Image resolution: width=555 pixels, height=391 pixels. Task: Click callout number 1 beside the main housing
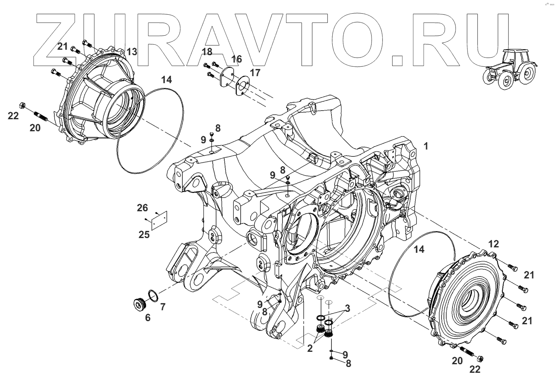[x=426, y=146]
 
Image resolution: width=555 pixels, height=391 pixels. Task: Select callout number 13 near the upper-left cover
[x=131, y=52]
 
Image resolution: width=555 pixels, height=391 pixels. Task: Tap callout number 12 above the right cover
[x=493, y=244]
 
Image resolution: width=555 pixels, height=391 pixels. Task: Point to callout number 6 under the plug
[x=148, y=318]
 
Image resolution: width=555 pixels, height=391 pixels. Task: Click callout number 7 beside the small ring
[x=163, y=307]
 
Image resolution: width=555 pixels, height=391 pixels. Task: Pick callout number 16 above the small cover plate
[x=236, y=59]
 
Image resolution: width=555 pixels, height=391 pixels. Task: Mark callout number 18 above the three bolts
[x=207, y=52]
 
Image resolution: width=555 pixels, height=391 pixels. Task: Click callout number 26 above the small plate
[x=142, y=208]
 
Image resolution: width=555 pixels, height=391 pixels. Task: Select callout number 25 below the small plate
[x=144, y=235]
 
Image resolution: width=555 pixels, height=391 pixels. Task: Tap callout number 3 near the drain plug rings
[x=347, y=309]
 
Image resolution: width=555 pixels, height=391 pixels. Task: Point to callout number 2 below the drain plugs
[x=310, y=348]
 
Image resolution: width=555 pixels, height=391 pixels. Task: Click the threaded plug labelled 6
[x=139, y=303]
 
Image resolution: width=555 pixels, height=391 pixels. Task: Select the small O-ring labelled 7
[x=153, y=295]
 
